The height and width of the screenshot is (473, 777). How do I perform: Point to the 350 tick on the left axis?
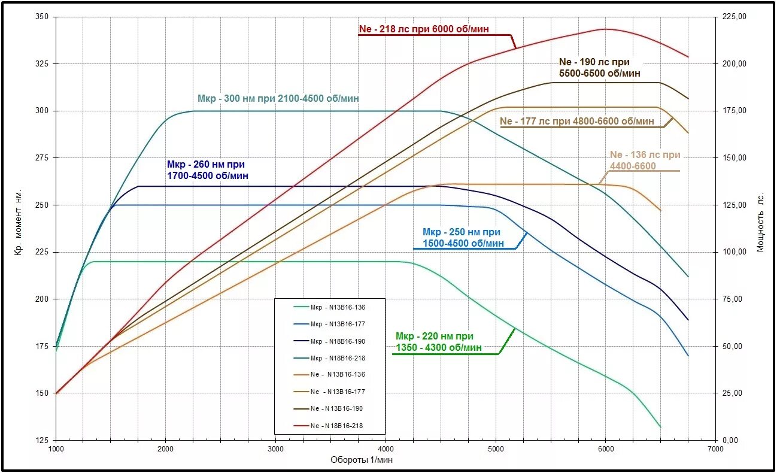pos(42,17)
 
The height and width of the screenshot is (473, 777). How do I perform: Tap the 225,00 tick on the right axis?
pos(735,17)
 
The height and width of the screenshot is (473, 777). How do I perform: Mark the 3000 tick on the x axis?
pos(275,448)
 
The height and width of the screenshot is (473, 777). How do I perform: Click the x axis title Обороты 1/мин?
pos(362,460)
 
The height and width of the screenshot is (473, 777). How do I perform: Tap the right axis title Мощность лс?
pos(761,223)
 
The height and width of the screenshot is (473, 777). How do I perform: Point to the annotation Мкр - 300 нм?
pos(278,99)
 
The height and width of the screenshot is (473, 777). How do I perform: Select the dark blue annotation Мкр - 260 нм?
pos(207,170)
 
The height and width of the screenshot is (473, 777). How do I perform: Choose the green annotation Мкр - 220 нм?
pos(438,341)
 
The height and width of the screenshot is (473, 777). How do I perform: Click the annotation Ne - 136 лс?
pos(645,160)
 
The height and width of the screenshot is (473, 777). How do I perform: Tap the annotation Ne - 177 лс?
pos(576,121)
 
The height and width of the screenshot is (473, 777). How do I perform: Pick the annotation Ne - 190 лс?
pos(599,67)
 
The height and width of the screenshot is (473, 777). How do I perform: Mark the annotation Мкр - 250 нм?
pos(463,237)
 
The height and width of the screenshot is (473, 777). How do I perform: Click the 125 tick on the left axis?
pos(42,440)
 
